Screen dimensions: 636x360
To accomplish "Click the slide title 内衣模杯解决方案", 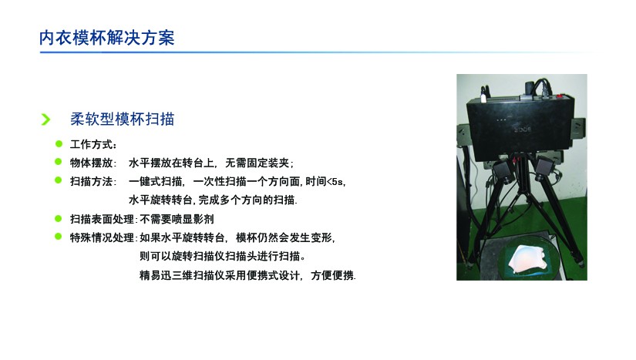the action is [x=107, y=38].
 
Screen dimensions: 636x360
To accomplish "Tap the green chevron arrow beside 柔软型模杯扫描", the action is [x=45, y=119].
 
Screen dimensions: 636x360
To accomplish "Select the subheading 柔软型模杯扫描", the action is [x=122, y=119].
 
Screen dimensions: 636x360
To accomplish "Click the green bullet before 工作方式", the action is [x=59, y=143].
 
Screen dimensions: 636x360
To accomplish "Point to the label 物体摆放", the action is [x=91, y=163].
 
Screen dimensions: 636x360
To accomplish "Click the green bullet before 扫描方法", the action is [x=59, y=180].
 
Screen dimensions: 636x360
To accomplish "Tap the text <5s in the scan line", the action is [x=335, y=182].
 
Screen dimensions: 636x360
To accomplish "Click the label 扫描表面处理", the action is [x=102, y=220].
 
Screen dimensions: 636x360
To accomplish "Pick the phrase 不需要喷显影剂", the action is [x=177, y=220].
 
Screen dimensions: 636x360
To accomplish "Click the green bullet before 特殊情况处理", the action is [x=59, y=236].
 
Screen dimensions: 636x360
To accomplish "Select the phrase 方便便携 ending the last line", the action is [x=332, y=275].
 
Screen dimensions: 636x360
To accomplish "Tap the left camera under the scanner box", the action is [x=502, y=170].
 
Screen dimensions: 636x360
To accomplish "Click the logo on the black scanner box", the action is [x=523, y=130].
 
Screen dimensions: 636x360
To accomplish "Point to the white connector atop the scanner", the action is [x=483, y=97].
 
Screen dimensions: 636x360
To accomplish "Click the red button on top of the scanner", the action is [x=560, y=96].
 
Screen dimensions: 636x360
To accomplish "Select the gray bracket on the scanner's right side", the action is [x=578, y=128].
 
